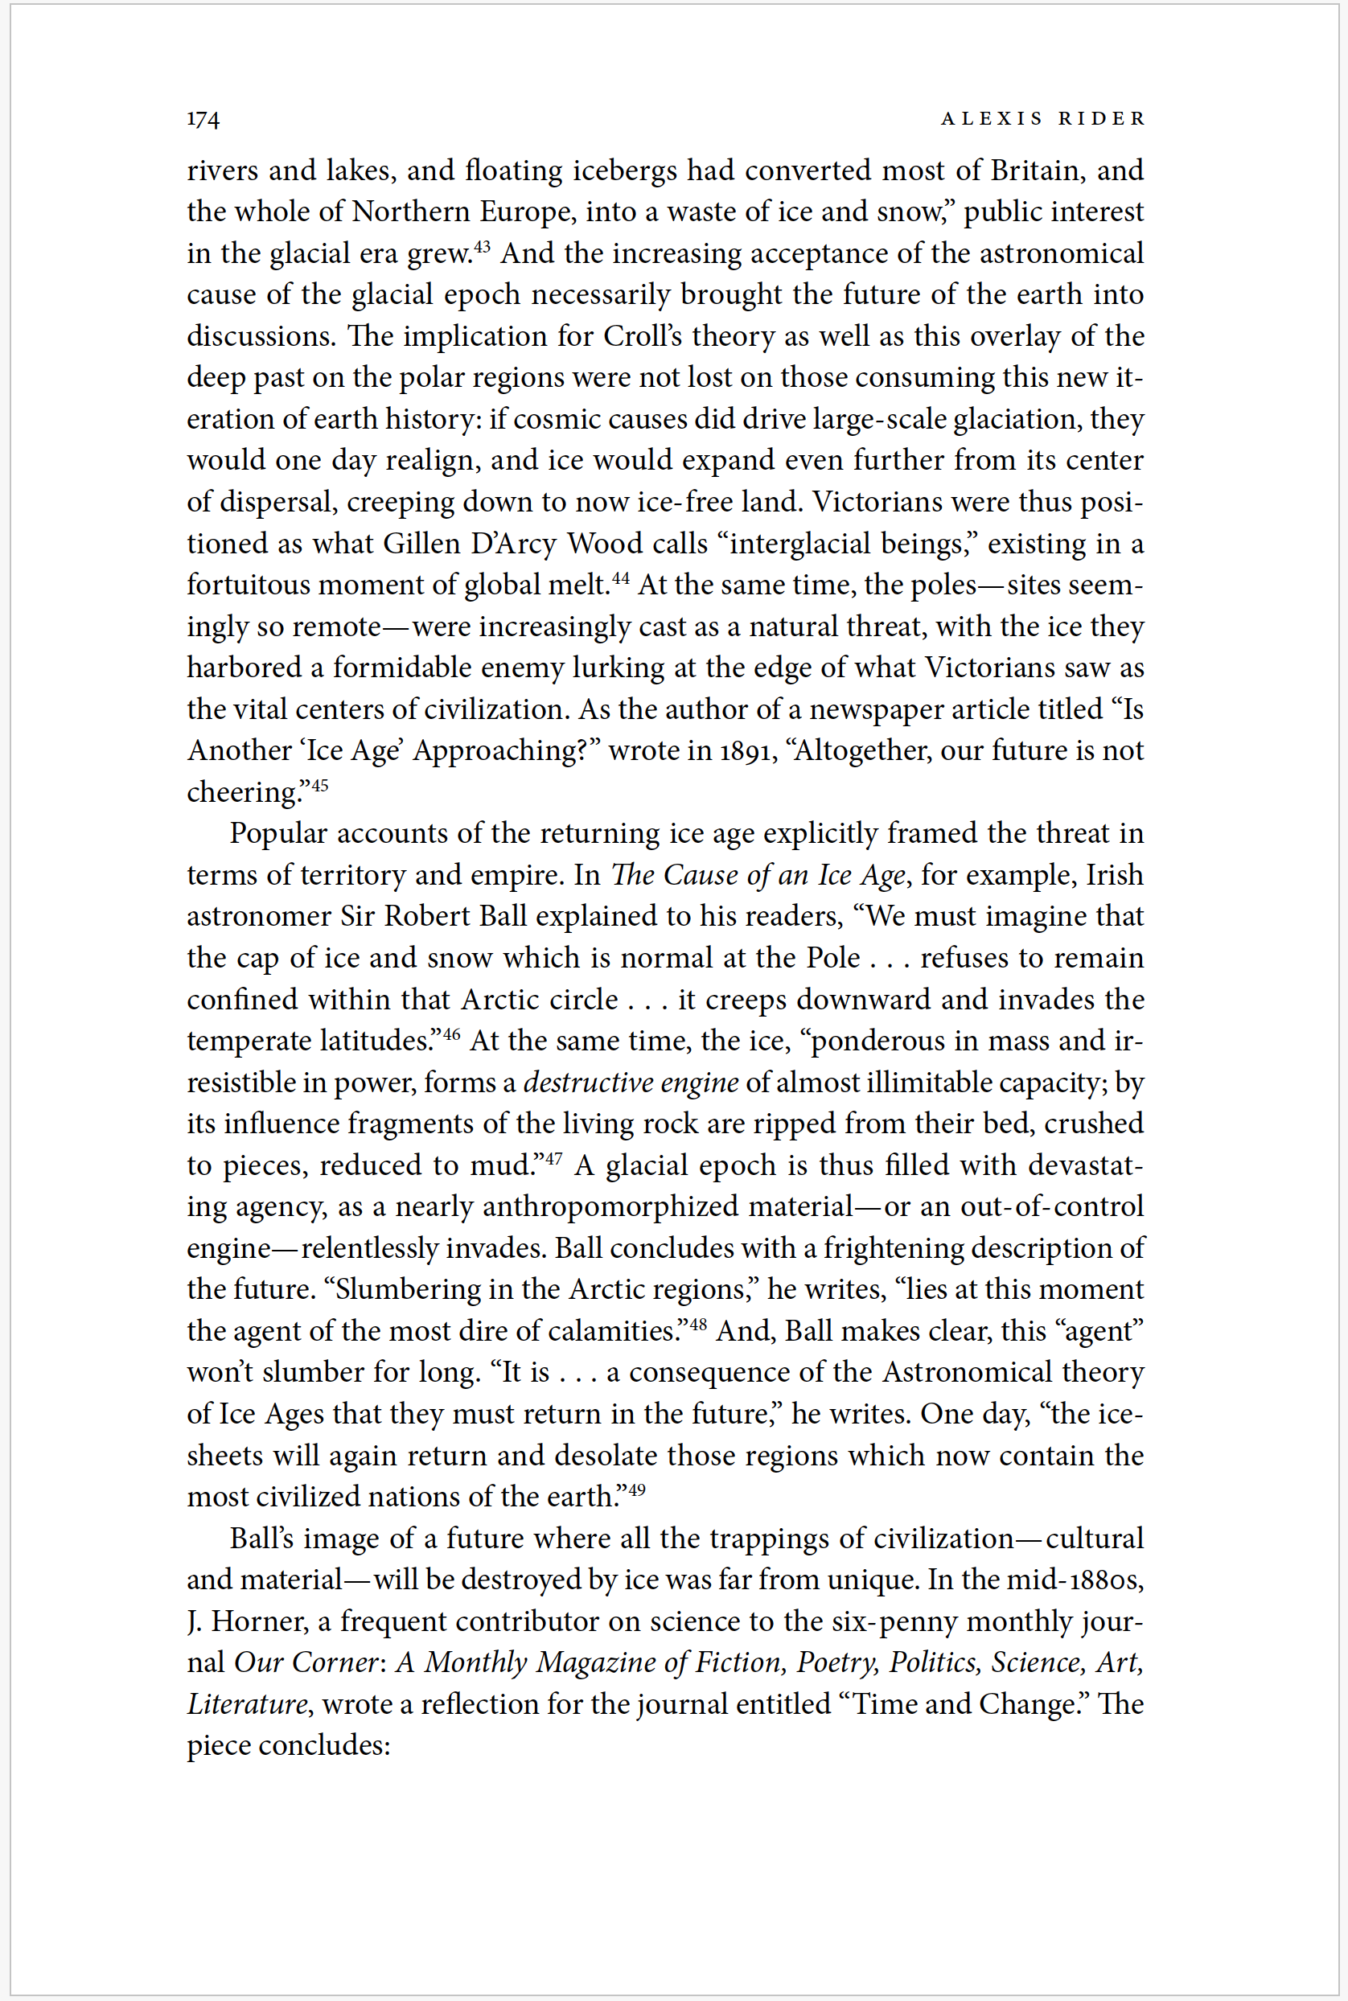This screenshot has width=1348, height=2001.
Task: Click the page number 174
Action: (203, 118)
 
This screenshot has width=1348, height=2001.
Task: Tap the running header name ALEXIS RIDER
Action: (1043, 118)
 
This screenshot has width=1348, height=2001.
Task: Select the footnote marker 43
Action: (482, 247)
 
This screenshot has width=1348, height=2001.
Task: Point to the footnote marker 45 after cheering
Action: (319, 786)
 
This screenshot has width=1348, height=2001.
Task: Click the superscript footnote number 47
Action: (553, 1159)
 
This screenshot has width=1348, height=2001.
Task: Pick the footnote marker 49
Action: (636, 1490)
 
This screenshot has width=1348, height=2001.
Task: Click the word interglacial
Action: (802, 544)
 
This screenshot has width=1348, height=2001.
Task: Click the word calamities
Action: (610, 1331)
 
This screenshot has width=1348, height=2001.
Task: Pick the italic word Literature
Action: (248, 1704)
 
